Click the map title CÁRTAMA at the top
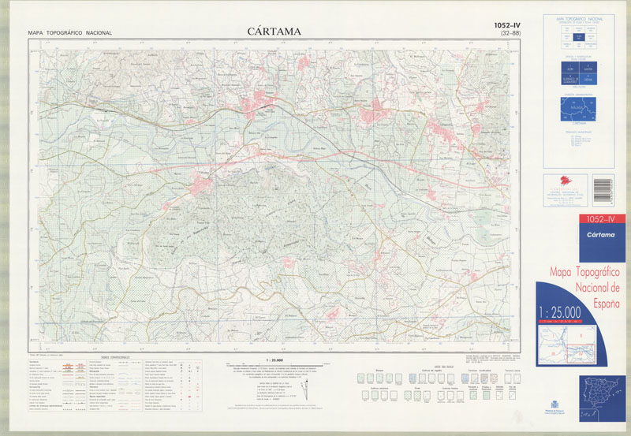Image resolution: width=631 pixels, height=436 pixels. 268,32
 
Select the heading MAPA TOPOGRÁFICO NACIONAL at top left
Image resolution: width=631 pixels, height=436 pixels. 69,33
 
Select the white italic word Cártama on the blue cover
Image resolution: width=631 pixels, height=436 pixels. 582,234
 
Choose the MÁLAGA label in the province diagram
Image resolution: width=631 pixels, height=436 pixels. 577,109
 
